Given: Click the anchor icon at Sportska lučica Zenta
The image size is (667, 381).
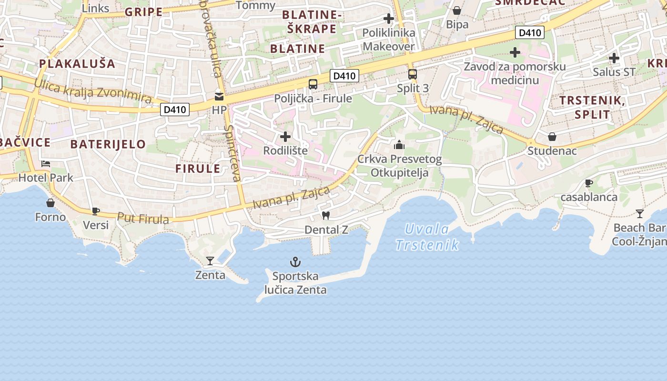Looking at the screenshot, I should point(295,261).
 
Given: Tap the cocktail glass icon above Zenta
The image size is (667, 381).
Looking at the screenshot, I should point(210,261).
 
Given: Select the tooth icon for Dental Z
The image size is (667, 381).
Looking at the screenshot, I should point(326,215).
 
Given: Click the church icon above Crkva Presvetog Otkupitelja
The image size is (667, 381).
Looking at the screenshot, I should point(399,144).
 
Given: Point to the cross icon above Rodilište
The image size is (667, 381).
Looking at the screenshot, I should point(285,137).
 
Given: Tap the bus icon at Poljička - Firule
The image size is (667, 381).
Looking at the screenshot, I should point(313,84).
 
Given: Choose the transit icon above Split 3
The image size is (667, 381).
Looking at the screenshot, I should point(413,74).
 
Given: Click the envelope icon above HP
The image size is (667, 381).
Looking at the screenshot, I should point(219,96).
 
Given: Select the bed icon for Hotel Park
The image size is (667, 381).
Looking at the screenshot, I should point(46,164).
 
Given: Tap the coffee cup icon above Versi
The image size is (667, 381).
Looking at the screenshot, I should point(96,211).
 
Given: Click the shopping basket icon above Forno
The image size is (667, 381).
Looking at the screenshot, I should point(51,203).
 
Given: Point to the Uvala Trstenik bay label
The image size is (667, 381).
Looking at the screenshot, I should point(427,237).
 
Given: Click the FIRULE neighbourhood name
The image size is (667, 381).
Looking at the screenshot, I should point(198,169).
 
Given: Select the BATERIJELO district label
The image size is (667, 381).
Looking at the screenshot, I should point(108,144).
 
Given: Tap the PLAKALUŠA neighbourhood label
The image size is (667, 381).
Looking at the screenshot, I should point(77,63).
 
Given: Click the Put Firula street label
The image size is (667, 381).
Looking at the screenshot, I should point(143,219).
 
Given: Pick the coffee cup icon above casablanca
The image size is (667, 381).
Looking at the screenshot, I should point(588,183).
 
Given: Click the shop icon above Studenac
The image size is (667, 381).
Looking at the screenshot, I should point(552,137).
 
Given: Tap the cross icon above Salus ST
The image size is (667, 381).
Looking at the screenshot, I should point(614,58).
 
